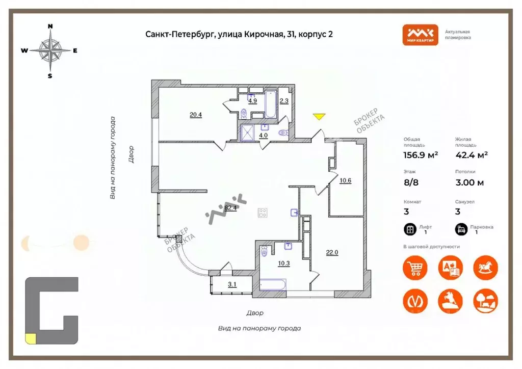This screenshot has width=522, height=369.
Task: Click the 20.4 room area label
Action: click(x=196, y=115)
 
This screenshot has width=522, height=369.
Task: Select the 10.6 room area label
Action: click(x=345, y=179)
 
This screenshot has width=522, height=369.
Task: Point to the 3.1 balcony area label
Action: click(x=232, y=285)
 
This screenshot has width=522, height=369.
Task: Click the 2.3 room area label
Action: click(x=284, y=101)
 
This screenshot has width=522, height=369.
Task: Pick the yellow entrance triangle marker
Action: click(x=319, y=117)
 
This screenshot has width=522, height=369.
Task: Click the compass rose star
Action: click(x=50, y=50)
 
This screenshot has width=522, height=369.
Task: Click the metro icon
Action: click(x=415, y=301)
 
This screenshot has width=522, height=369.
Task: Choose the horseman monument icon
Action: click(x=450, y=301)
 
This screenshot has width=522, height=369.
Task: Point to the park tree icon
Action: click(x=485, y=301)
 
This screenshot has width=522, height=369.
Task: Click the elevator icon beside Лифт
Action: click(x=409, y=229)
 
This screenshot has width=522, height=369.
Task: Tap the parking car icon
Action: click(x=460, y=229)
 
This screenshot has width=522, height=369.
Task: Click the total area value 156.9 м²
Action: click(x=421, y=155)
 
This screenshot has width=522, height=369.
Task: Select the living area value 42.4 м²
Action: click(x=471, y=155)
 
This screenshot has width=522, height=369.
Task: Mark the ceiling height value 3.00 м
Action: click(x=469, y=182)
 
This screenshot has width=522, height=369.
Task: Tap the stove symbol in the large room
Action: click(x=263, y=213)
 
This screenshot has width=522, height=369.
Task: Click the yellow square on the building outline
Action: click(x=31, y=337)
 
